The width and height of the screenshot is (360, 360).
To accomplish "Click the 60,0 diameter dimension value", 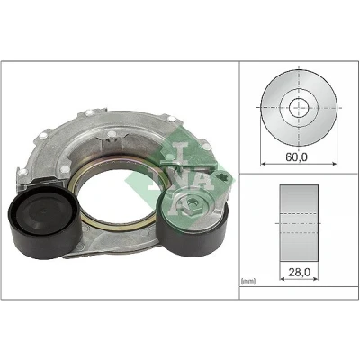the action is (x=296, y=157).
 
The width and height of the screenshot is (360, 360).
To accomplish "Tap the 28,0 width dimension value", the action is (x=299, y=272).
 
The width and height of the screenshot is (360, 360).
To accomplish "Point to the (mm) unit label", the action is (x=248, y=281).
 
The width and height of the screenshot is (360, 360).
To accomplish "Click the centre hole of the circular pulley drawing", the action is (x=299, y=107).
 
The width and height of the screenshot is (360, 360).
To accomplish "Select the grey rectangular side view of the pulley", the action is (x=299, y=223).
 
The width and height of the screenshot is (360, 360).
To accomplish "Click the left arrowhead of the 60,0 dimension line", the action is (x=263, y=164).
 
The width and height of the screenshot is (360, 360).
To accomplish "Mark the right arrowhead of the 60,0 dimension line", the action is (x=334, y=164).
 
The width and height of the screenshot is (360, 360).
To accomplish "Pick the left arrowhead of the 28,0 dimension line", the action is (x=283, y=279).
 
